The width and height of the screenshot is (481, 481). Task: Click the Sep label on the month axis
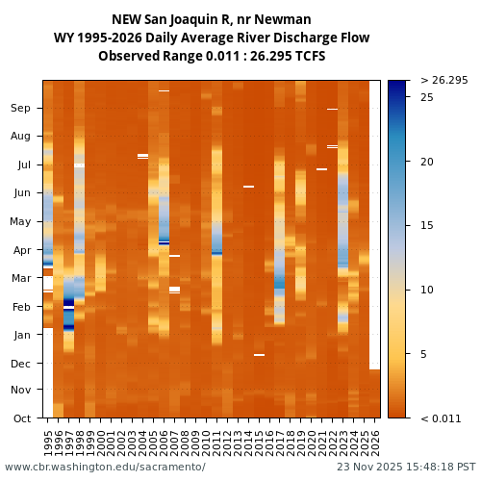coord(21,108)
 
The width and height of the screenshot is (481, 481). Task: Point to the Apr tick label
coord(21,249)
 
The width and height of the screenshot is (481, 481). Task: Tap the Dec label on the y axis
coord(21,363)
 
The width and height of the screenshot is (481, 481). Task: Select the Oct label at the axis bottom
coord(21,418)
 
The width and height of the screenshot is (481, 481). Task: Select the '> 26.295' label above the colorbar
coord(443,80)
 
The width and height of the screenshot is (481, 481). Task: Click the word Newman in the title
coord(287,19)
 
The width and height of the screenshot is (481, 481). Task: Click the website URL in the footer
coord(105,467)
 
